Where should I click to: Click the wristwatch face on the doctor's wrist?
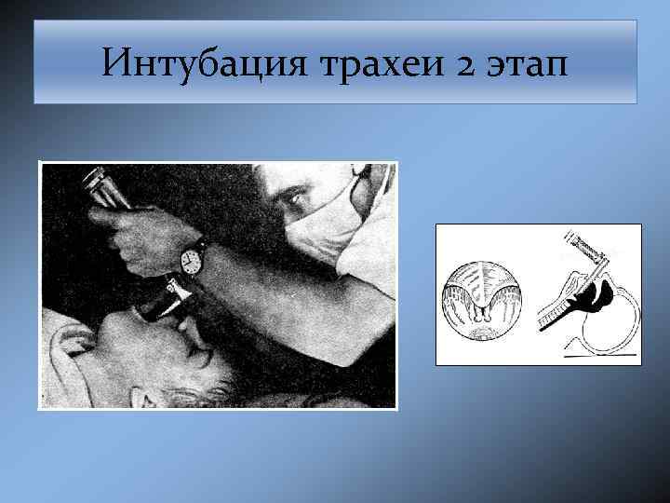[x=193, y=258]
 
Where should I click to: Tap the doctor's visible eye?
[x=297, y=197]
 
